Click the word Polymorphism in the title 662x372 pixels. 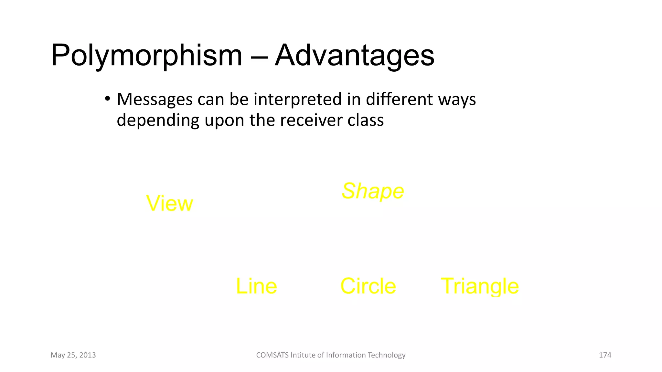pyautogui.click(x=146, y=56)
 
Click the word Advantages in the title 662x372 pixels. pyautogui.click(x=354, y=56)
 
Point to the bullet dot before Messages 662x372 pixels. pyautogui.click(x=107, y=98)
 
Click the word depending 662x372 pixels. pyautogui.click(x=158, y=120)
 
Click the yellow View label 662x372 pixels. pyautogui.click(x=169, y=203)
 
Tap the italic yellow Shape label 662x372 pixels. pyautogui.click(x=373, y=191)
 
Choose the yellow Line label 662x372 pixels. pyautogui.click(x=256, y=286)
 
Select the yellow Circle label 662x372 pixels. pyautogui.click(x=368, y=286)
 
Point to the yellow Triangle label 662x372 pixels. pyautogui.click(x=480, y=286)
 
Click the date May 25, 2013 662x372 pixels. pyautogui.click(x=73, y=355)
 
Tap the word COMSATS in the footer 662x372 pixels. pyautogui.click(x=272, y=355)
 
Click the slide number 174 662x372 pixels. pyautogui.click(x=605, y=355)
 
